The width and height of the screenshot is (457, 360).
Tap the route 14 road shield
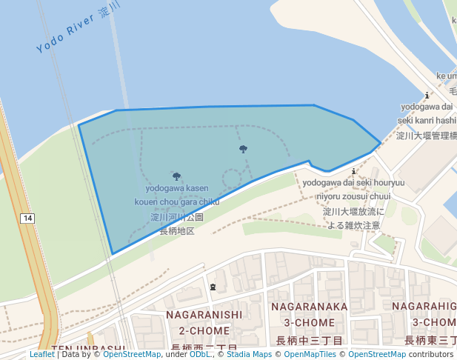point(27,218)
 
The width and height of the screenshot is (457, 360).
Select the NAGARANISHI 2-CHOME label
point(204,322)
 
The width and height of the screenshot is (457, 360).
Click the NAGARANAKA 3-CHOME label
point(310,314)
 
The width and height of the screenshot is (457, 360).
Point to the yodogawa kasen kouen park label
point(177,195)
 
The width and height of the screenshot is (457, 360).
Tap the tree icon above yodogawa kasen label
point(176,176)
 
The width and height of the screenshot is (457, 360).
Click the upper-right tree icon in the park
point(243,149)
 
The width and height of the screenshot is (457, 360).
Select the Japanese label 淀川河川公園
point(177,218)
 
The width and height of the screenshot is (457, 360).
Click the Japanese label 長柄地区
point(177,231)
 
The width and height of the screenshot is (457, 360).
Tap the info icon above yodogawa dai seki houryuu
point(353,171)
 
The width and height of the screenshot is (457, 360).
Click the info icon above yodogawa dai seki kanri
point(427,95)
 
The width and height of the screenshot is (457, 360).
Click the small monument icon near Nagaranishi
point(213,287)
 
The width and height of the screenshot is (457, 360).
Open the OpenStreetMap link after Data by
point(132,354)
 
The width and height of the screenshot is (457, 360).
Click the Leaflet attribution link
point(42,354)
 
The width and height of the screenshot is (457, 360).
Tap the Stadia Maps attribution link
point(248,354)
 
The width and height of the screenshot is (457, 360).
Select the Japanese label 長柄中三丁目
point(310,341)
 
